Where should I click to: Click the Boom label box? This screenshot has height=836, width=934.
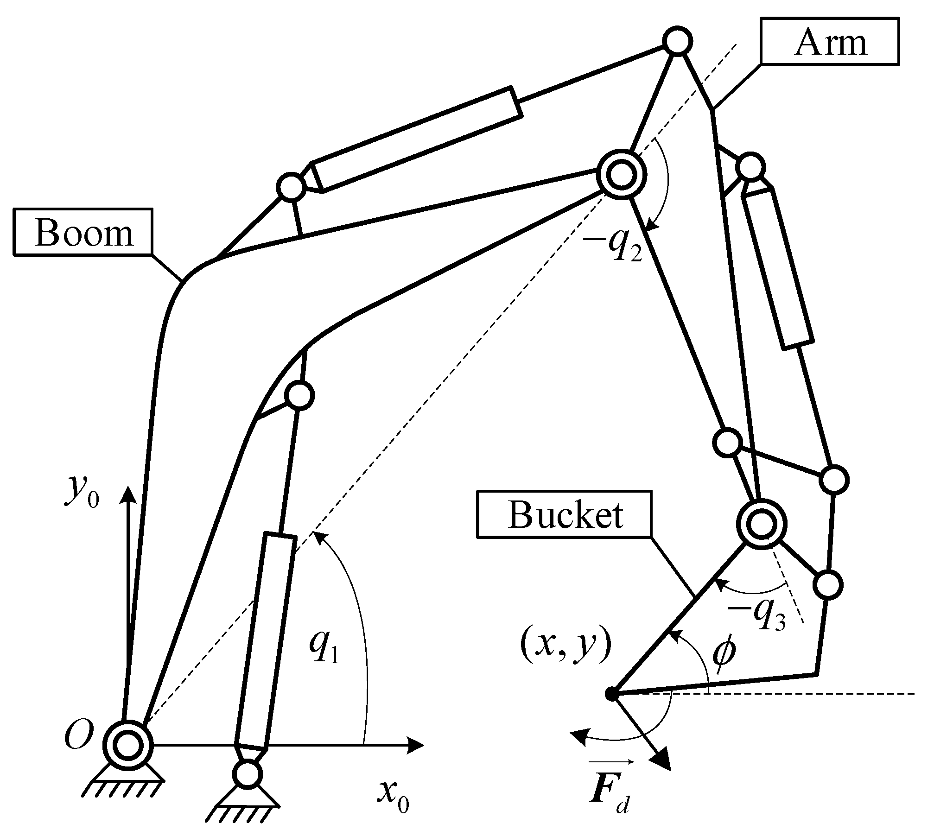pos(83,232)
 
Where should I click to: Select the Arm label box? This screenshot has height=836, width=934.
pos(830,41)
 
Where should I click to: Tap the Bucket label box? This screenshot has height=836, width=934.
pos(565,514)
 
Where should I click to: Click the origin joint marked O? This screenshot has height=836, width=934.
pos(127,745)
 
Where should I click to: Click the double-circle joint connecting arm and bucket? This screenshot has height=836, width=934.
pos(762,525)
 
